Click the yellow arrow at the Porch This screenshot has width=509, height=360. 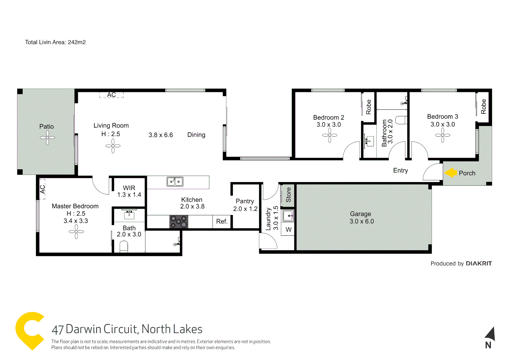click(x=451, y=173)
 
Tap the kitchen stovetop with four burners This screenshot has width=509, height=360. click(x=179, y=222)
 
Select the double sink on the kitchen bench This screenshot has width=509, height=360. click(x=175, y=182)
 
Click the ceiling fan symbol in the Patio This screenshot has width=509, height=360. click(x=47, y=138)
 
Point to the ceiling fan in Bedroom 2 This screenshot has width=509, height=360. click(x=329, y=135)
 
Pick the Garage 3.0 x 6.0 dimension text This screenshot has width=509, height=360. click(x=361, y=221)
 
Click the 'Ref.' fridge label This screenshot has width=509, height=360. click(x=222, y=222)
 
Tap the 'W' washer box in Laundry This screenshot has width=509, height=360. click(x=288, y=230)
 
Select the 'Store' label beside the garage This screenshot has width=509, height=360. click(x=288, y=195)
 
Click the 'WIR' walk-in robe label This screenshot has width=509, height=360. click(x=129, y=188)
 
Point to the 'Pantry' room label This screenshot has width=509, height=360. click(x=245, y=201)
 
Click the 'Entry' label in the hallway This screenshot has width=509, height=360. click(x=400, y=170)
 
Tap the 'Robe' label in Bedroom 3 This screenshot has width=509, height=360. click(x=483, y=107)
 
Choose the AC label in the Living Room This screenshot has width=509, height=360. click(x=111, y=95)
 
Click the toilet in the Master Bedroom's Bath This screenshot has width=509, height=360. click(x=124, y=247)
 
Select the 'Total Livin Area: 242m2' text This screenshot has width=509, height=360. click(x=55, y=42)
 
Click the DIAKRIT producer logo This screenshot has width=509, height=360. click(x=479, y=263)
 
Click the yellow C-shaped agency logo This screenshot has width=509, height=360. click(x=29, y=330)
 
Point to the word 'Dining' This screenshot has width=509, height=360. click(x=196, y=135)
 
